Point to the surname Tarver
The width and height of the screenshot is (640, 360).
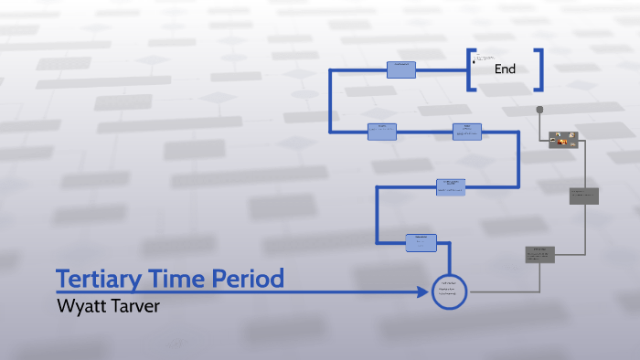(x=136, y=306)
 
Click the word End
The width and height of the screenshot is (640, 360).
(x=505, y=69)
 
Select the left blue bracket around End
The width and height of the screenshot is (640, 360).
(x=470, y=69)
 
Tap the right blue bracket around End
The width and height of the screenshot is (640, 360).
(x=540, y=69)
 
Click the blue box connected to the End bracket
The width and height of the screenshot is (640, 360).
(x=401, y=69)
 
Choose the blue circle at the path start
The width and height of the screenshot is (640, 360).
(x=449, y=291)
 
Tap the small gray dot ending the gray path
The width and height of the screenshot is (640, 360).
(x=540, y=110)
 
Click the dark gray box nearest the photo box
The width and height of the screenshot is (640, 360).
(x=583, y=196)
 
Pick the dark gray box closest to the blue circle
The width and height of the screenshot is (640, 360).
(x=539, y=254)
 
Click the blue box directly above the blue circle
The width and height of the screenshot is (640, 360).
(x=421, y=242)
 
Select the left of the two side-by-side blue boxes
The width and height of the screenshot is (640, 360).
(x=382, y=132)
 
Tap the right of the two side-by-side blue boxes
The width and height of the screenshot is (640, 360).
(x=466, y=132)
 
